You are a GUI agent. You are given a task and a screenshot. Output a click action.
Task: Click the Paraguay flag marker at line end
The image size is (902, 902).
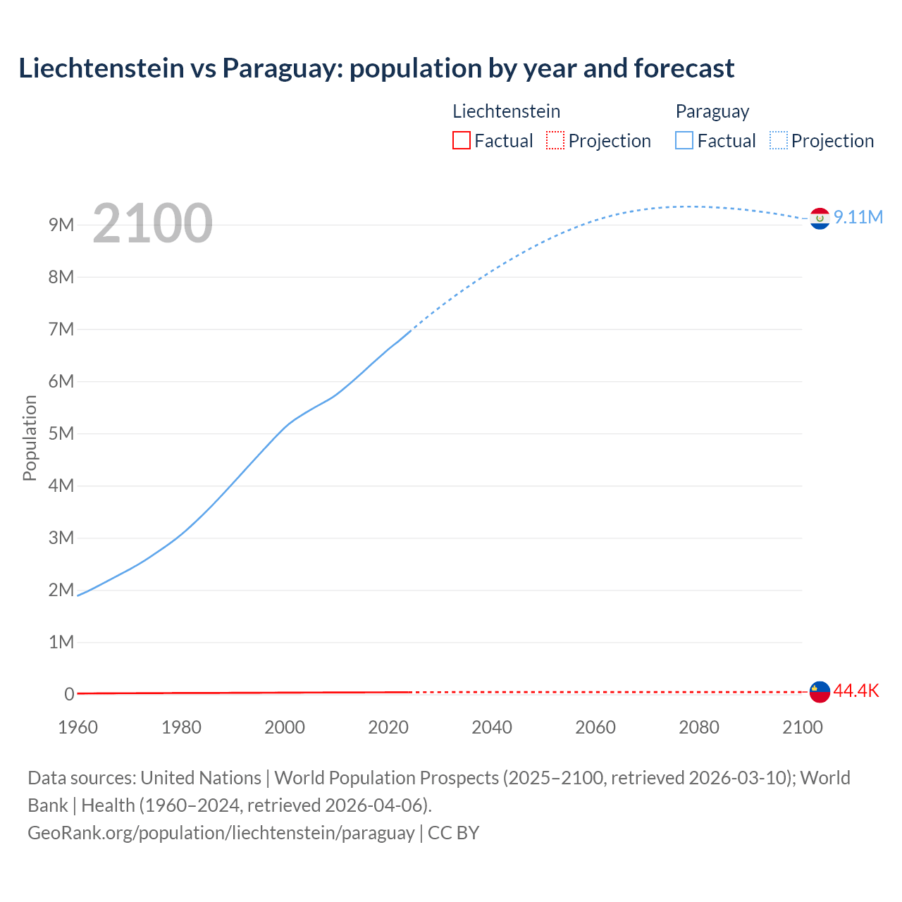(x=819, y=219)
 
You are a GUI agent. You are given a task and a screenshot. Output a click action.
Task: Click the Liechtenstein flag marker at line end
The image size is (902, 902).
(x=819, y=692)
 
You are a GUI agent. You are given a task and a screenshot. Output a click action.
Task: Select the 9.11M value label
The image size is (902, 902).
(x=858, y=217)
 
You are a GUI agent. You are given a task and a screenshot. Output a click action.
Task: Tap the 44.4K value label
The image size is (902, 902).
(x=856, y=691)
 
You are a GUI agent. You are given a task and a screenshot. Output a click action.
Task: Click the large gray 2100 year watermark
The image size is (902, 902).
(x=152, y=223)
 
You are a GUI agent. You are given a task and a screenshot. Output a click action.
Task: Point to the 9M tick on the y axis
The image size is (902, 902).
(x=61, y=225)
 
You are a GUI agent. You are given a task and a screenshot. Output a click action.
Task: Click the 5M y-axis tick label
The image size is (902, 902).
(x=61, y=433)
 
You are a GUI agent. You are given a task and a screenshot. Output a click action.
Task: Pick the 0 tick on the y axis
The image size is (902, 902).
(x=69, y=694)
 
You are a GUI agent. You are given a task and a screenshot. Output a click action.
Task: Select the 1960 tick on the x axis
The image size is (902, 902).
(x=78, y=727)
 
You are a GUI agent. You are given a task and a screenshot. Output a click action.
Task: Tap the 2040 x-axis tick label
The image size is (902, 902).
(x=492, y=727)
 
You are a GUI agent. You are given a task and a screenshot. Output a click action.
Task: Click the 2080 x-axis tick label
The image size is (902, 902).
(x=699, y=727)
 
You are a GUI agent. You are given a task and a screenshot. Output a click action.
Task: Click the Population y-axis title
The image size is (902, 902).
(x=30, y=438)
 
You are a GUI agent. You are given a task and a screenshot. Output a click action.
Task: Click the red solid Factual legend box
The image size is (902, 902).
(x=461, y=140)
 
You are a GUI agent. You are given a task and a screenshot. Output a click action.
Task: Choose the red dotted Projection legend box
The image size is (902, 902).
(x=555, y=140)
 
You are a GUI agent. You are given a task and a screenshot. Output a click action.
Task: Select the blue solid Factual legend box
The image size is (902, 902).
(x=684, y=140)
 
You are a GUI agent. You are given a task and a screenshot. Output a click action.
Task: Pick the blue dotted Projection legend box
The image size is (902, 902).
(x=778, y=140)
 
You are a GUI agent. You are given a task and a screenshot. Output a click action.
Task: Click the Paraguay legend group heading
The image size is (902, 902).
(x=712, y=111)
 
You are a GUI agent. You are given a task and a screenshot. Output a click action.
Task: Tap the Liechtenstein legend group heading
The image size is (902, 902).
(x=506, y=111)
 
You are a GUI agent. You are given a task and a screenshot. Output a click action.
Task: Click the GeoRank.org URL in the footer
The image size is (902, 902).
(x=221, y=833)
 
